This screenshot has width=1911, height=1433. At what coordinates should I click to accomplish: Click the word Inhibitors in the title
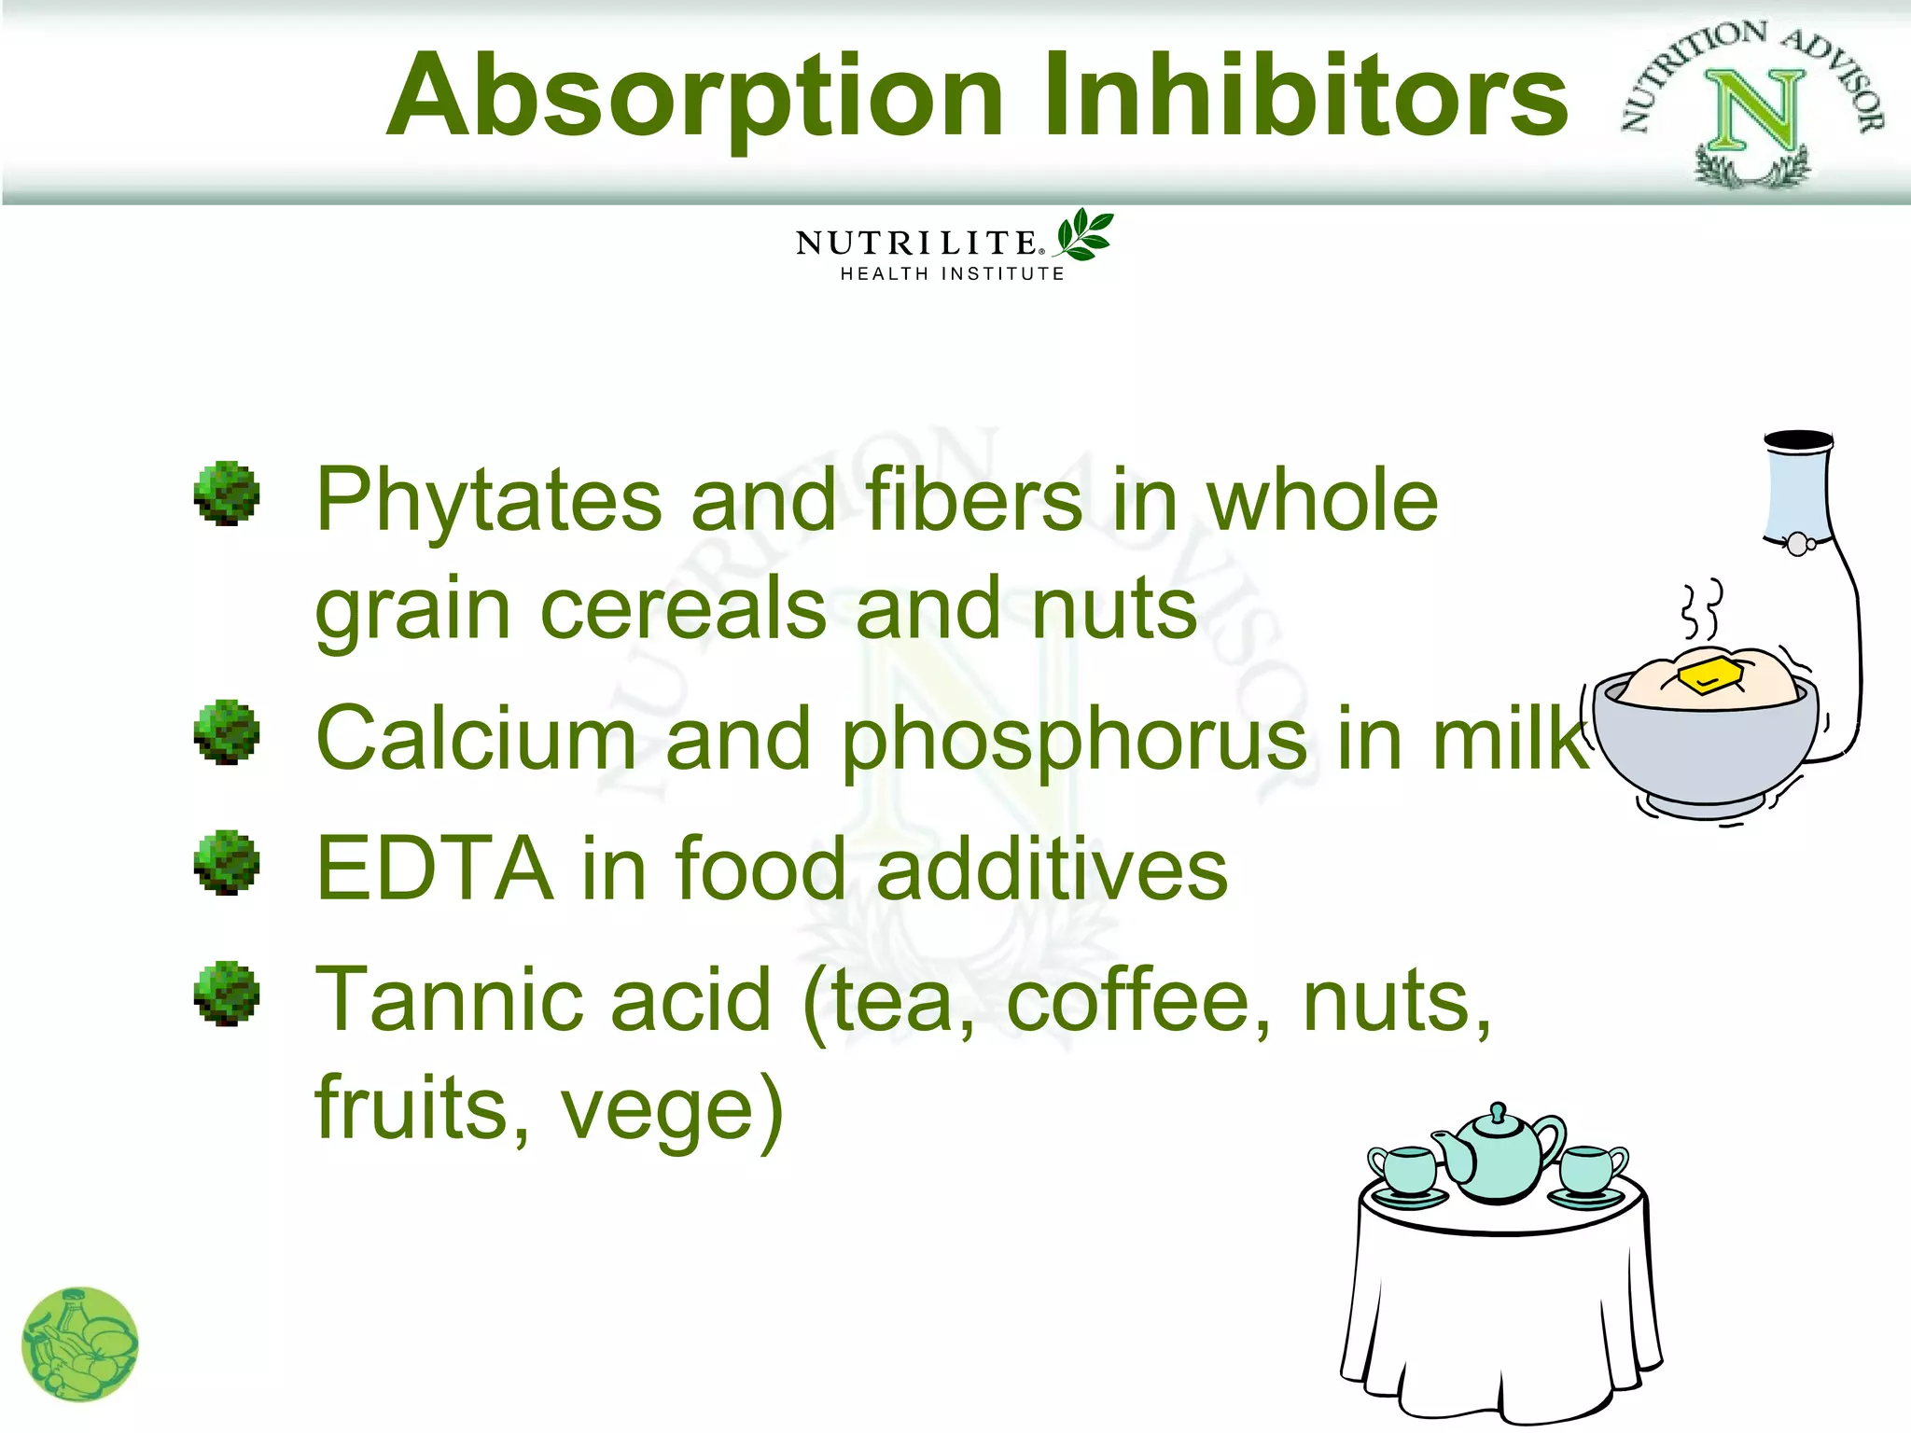[1304, 95]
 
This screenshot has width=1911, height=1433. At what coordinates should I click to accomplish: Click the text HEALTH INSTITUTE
[952, 274]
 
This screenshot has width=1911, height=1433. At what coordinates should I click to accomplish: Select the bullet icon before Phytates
[227, 494]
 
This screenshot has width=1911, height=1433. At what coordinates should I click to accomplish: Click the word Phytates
[487, 501]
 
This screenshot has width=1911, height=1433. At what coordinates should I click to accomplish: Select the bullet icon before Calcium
[227, 732]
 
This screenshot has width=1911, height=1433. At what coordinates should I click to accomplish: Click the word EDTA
[434, 869]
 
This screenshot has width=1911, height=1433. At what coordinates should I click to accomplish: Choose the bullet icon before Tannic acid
[227, 994]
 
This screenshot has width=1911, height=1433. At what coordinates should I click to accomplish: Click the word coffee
[1138, 1001]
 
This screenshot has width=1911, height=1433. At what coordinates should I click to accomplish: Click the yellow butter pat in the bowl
[1709, 675]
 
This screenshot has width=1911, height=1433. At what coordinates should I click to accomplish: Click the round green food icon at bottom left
[79, 1344]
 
